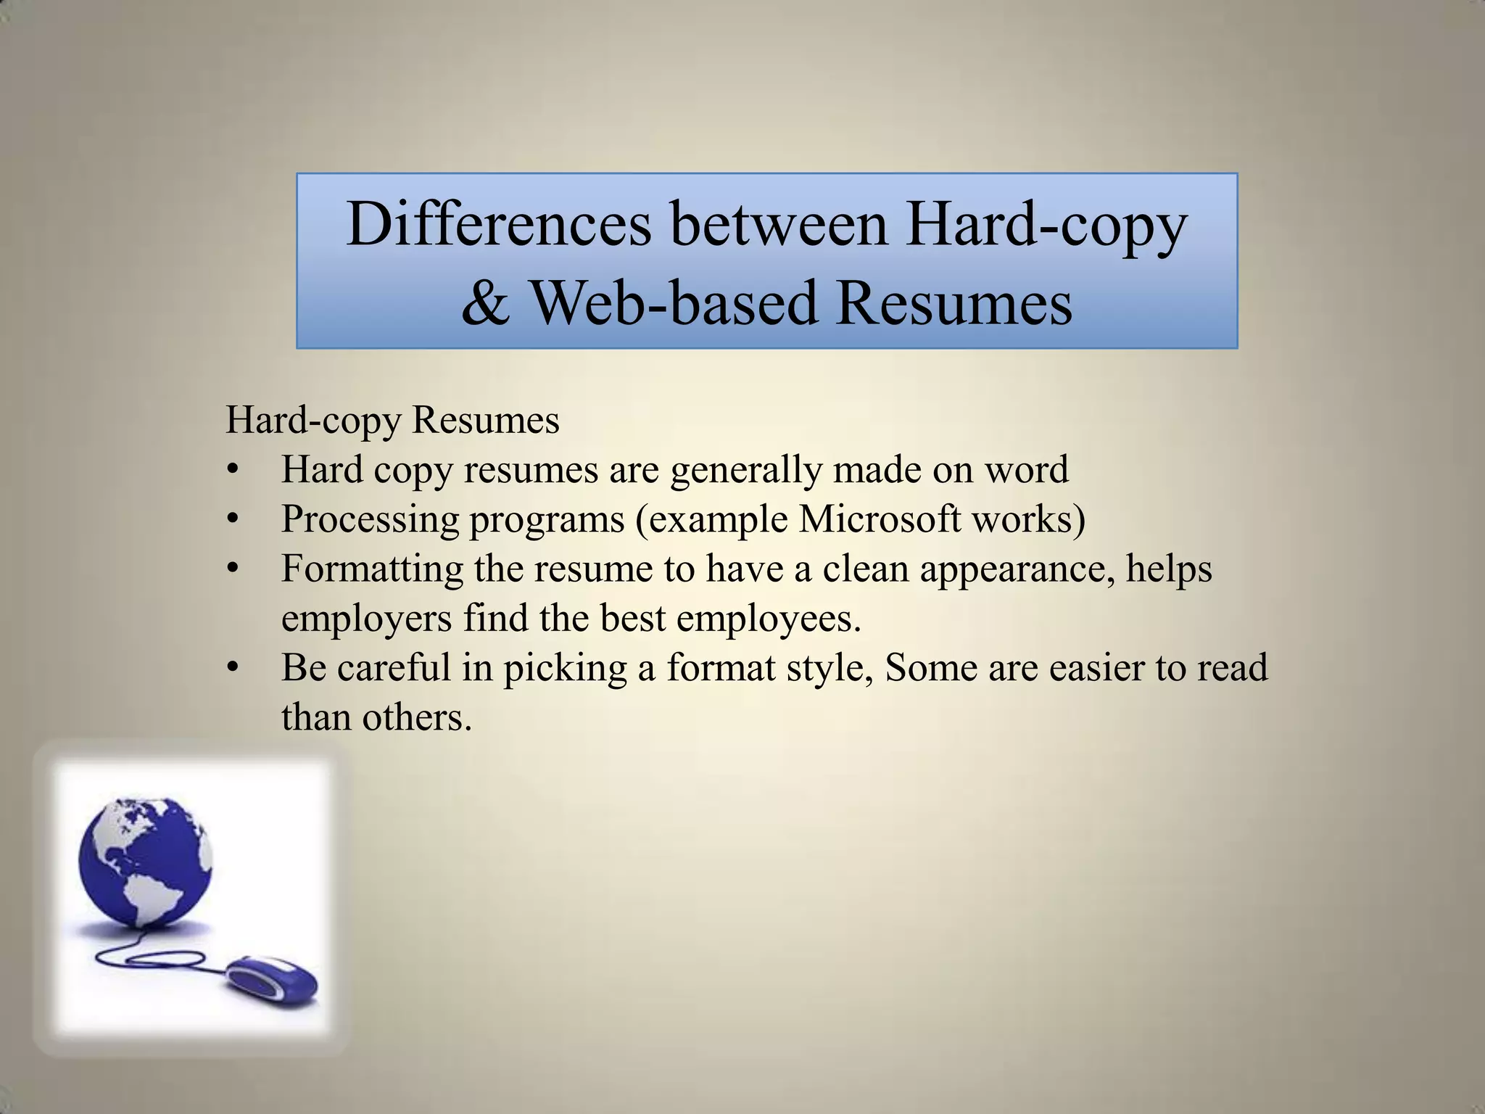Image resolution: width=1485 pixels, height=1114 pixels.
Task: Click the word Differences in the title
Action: click(x=499, y=224)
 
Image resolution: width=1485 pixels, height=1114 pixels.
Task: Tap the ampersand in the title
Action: click(x=484, y=303)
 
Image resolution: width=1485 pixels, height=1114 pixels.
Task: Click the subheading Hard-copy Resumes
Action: click(x=392, y=420)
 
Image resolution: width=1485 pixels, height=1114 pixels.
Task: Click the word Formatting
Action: click(x=372, y=569)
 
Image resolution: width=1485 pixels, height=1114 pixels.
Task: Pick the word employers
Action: click(x=366, y=619)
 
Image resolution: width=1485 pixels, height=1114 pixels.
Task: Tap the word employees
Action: click(x=768, y=619)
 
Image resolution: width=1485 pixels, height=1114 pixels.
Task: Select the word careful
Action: click(x=394, y=667)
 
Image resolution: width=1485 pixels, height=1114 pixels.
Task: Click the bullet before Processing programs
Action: click(x=232, y=520)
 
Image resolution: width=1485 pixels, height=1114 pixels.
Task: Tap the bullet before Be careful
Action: click(x=232, y=668)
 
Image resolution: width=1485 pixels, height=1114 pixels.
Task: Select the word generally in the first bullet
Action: click(x=746, y=470)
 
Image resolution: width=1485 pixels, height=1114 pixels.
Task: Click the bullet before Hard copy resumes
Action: click(x=232, y=471)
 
